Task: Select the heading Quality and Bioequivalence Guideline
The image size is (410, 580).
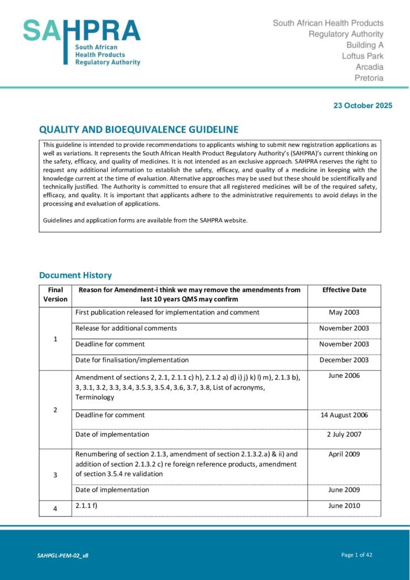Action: coord(139,129)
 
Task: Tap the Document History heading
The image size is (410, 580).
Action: coord(75,275)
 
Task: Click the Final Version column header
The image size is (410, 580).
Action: coord(55,295)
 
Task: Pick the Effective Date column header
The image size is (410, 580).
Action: coord(344,290)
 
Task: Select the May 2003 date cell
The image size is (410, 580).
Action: coord(344,313)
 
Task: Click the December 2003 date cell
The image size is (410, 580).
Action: coord(344,360)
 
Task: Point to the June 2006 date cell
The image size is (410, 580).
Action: coord(344,376)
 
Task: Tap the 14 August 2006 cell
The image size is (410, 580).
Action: coord(344,415)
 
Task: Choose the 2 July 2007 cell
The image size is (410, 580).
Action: coord(344,434)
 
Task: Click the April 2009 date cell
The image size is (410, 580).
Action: coord(344,454)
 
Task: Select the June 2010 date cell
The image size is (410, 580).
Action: coord(344,506)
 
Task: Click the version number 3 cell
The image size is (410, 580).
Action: coord(55,475)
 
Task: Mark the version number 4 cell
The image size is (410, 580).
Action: coord(55,509)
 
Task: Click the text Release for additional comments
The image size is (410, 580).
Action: coord(126,329)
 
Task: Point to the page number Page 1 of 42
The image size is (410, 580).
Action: coord(357,555)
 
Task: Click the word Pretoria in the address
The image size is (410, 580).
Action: coord(369,78)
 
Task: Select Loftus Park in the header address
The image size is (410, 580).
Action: coord(362,56)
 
